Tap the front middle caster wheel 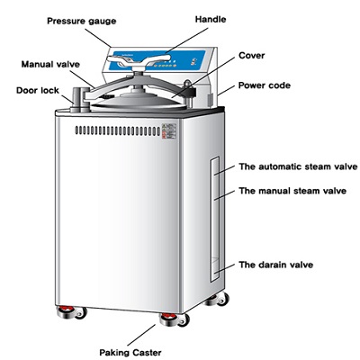pos(170,321)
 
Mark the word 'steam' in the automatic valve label pos(310,166)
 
